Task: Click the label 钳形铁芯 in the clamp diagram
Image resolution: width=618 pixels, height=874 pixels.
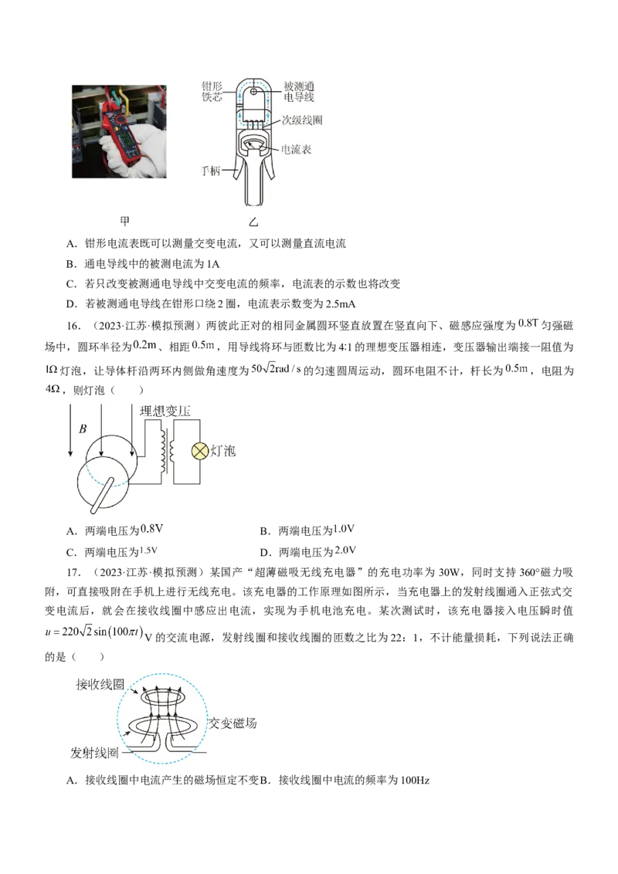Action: [x=212, y=91]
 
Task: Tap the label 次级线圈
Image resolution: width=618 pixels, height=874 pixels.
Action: [x=302, y=120]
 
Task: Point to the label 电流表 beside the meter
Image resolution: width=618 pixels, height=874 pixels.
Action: [x=296, y=149]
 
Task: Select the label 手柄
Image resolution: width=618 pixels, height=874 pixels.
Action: [x=210, y=171]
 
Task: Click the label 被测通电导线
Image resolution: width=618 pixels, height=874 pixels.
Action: [x=299, y=91]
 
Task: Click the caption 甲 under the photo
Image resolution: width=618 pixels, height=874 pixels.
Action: [x=125, y=221]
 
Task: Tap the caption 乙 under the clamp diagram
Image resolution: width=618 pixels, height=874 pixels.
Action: [x=254, y=222]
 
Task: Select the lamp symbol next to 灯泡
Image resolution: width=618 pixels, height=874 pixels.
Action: [x=199, y=451]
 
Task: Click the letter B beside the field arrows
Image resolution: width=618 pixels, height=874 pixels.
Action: [x=83, y=429]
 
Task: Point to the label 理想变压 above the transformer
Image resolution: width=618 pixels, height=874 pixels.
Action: [x=165, y=412]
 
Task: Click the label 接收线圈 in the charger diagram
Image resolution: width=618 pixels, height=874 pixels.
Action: [x=100, y=685]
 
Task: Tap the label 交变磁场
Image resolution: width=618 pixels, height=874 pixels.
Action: [x=233, y=723]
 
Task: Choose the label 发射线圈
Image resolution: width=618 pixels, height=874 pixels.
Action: [x=94, y=753]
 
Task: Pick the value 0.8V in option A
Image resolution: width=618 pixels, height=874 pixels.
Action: [x=151, y=529]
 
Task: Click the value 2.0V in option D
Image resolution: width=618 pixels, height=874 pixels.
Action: [x=345, y=550]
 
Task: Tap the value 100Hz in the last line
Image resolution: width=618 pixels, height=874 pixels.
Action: [x=415, y=781]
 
